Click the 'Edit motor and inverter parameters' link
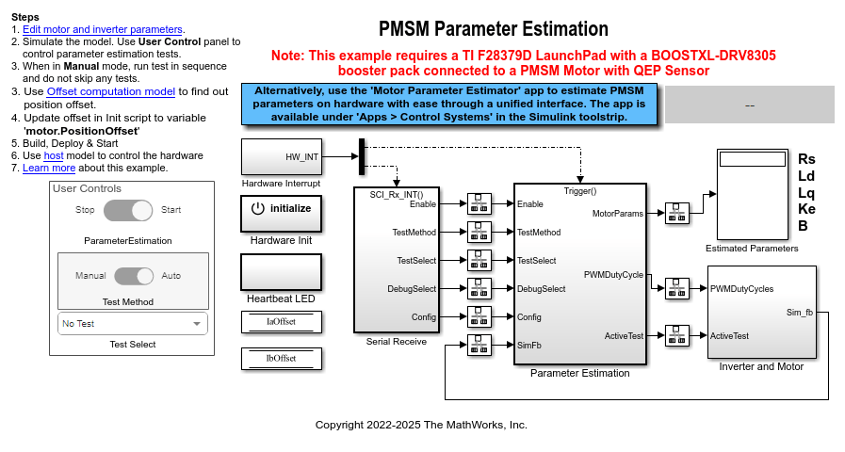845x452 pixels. point(104,30)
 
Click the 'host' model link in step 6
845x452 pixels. point(53,154)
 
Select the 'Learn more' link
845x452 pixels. point(49,168)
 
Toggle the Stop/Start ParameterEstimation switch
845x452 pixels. point(128,210)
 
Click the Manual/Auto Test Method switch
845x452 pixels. point(134,276)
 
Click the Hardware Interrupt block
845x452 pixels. point(282,156)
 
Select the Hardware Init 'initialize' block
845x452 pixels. point(282,213)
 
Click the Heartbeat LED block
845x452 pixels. point(282,272)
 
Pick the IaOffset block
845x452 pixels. point(282,322)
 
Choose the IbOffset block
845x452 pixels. point(282,359)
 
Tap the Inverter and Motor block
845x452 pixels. point(761,312)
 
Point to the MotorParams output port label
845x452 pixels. point(618,214)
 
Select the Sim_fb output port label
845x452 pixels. point(799,311)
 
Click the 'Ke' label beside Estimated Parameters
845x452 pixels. point(806,209)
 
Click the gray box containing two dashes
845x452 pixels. point(749,105)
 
